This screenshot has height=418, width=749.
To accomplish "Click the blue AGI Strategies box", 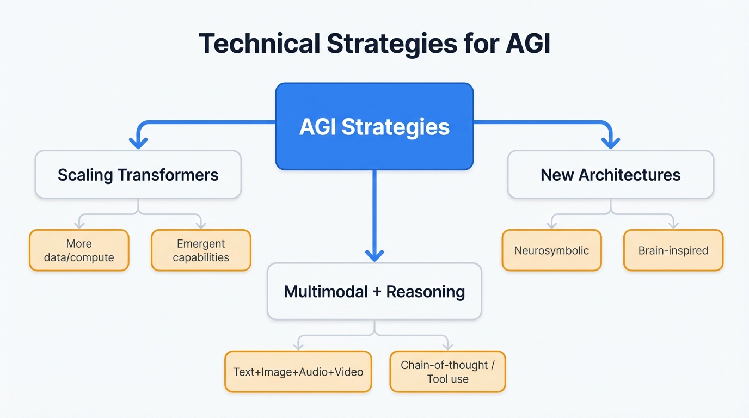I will tap(374, 126).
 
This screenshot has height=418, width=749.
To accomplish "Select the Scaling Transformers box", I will tap(138, 175).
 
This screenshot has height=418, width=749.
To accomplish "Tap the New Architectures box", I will tap(610, 175).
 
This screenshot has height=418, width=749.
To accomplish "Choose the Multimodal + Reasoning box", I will tap(374, 291).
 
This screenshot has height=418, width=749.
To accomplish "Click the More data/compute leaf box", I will tap(79, 250).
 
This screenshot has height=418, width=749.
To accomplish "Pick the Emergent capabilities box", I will tap(201, 250).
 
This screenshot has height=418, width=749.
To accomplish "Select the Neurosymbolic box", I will tap(551, 250).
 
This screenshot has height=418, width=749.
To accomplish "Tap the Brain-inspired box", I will tap(673, 250).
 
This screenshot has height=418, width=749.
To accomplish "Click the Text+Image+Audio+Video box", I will tap(298, 372).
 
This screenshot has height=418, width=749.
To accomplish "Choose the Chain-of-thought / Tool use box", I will tap(447, 372).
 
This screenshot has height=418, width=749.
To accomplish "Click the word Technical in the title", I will tap(259, 44).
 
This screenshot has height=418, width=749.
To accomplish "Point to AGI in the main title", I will tap(527, 44).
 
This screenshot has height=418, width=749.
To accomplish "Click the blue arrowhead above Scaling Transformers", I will tap(138, 143).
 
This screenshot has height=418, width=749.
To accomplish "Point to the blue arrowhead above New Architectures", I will tap(611, 143).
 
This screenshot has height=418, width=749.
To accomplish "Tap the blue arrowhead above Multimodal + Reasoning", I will tap(374, 255).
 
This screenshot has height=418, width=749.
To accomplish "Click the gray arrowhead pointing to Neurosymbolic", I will tap(552, 224).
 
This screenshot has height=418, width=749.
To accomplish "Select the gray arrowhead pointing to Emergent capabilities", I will tap(201, 224).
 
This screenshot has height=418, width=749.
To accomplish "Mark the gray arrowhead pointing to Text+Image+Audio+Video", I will tap(298, 346).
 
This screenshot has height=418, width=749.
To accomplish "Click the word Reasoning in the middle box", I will tap(426, 291).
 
